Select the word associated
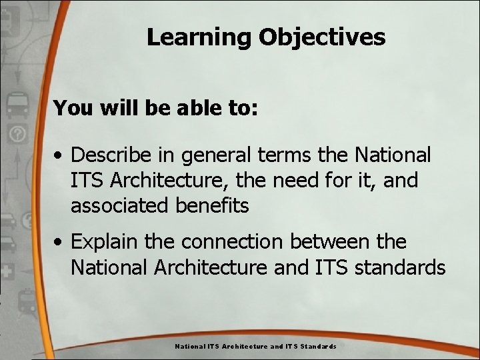tap(121, 206)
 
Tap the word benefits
tap(213, 206)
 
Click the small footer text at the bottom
tap(255, 347)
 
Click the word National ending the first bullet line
tap(393, 155)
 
